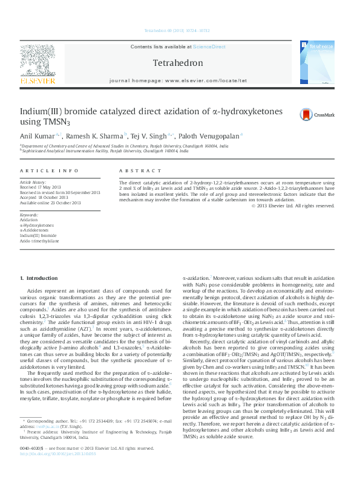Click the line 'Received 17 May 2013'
click(x=43, y=187)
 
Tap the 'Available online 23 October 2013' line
click(x=50, y=202)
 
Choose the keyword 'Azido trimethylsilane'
click(x=40, y=241)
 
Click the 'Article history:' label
click(x=34, y=181)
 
